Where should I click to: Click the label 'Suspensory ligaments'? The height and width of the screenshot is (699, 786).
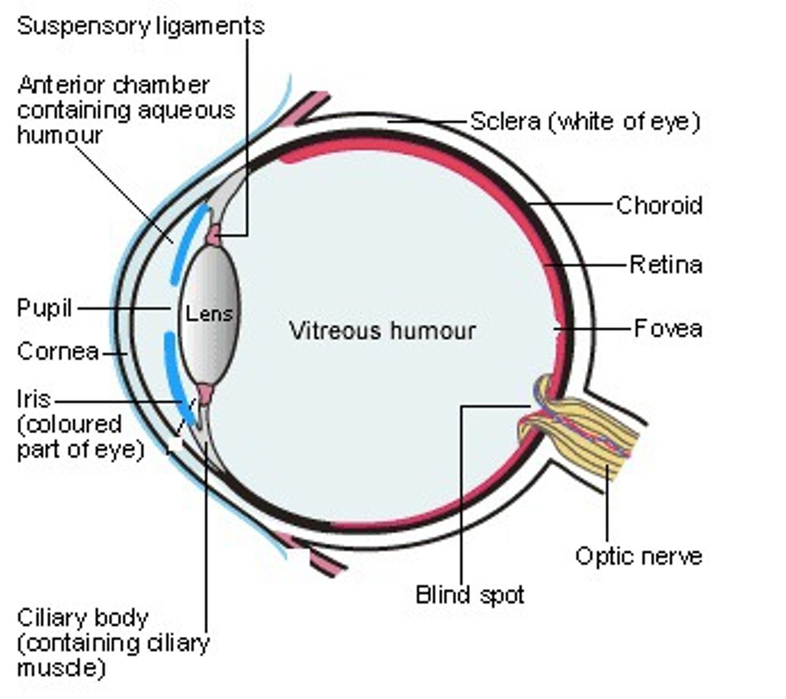[141, 26]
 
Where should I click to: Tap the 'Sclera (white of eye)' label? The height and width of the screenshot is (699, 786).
[584, 121]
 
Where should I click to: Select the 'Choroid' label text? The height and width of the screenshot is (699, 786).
[659, 206]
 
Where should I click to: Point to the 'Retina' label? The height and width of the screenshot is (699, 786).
[666, 265]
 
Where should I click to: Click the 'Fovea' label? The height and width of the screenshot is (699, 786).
[668, 329]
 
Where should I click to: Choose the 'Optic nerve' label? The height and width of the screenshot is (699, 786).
[638, 556]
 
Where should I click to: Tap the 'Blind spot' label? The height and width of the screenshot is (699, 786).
[469, 595]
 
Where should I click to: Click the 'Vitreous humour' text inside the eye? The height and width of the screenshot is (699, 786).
[383, 331]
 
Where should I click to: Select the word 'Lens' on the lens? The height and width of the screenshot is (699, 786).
[209, 314]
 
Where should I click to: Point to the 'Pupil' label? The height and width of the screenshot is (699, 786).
[44, 308]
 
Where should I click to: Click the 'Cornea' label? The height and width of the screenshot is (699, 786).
[58, 352]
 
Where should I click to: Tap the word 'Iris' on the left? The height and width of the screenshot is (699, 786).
[34, 400]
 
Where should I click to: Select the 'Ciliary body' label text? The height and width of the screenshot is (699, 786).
[83, 618]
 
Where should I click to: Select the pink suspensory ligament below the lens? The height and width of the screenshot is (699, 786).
[205, 393]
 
